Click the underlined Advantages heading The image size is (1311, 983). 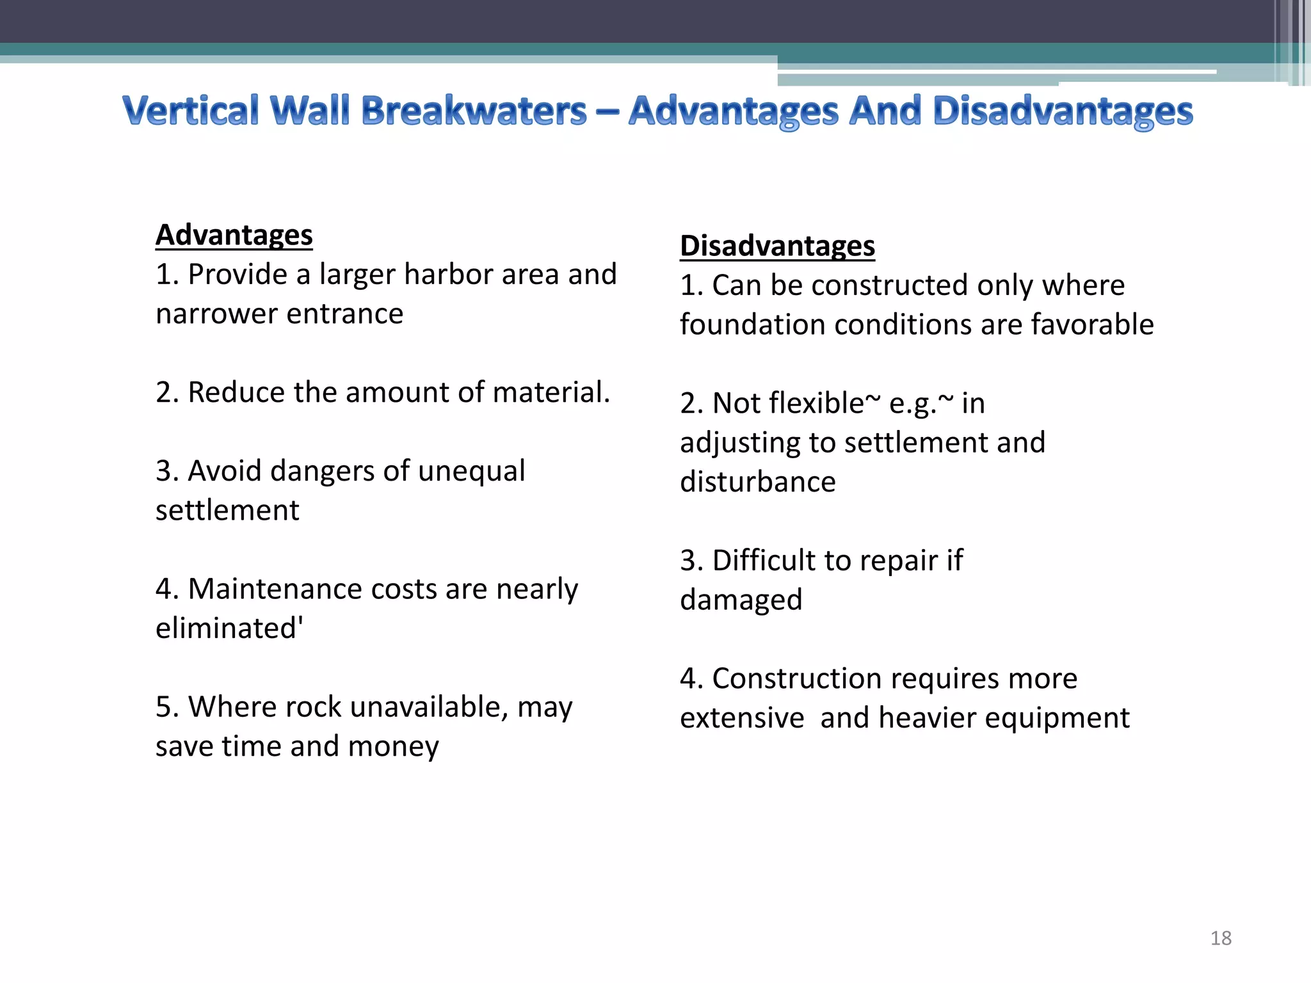(x=234, y=235)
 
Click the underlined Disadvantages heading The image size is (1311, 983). (x=777, y=246)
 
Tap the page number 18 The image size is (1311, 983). (x=1221, y=938)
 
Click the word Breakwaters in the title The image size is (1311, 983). (x=474, y=111)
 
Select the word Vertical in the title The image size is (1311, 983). (x=191, y=111)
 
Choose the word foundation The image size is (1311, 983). (x=752, y=324)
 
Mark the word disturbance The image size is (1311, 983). (x=757, y=482)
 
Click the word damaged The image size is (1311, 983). (x=741, y=600)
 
